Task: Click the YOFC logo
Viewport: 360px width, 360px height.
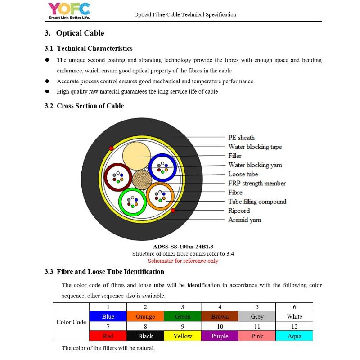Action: coord(69,11)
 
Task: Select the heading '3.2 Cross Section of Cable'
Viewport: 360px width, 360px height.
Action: coord(84,106)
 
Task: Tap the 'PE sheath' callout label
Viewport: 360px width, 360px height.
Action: coord(241,138)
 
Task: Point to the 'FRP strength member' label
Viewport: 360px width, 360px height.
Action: coord(256,183)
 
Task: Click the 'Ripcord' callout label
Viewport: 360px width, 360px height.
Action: coord(239,211)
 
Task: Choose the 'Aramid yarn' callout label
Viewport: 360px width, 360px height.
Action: coord(244,220)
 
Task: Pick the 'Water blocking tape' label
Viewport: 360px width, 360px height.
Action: coord(255,147)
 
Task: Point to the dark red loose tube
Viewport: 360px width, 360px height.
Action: coord(118,176)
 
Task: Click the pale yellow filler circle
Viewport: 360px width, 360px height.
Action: coord(139,155)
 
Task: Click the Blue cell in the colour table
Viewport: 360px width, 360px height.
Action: coord(108,316)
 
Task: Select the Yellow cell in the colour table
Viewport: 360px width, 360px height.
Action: coord(183,336)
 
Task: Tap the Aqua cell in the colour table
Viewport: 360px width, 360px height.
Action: coord(294,336)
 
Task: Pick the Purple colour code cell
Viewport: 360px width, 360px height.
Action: coord(220,336)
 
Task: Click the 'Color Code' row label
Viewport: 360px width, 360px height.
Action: coord(71,322)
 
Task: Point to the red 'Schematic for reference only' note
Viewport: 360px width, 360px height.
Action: coord(183,261)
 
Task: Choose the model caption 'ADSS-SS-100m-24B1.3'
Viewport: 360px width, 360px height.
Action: coord(183,247)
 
